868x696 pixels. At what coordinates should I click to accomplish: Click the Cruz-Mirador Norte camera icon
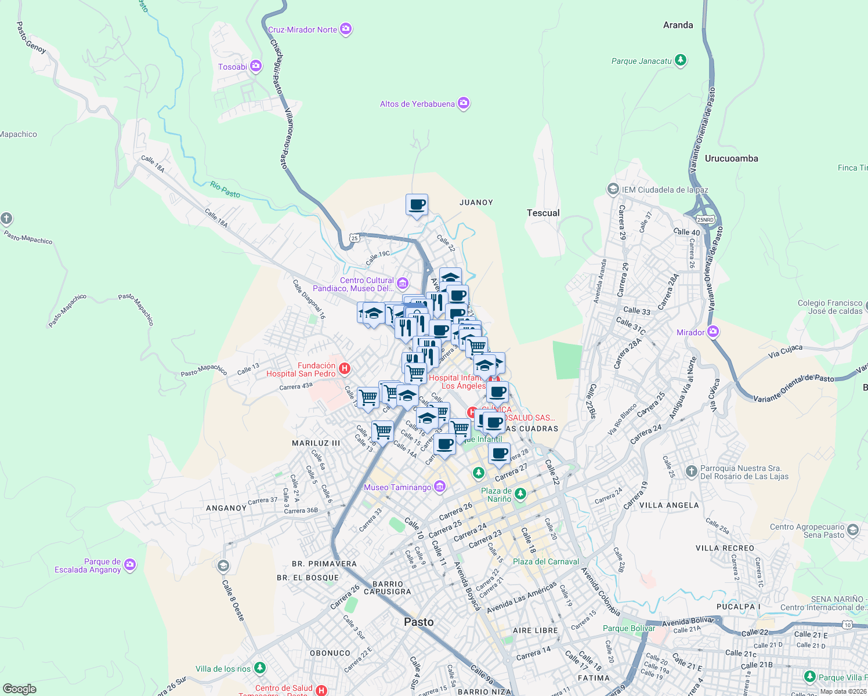click(x=346, y=29)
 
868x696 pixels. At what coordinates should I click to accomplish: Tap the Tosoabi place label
click(x=232, y=67)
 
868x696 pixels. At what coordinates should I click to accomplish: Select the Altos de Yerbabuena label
click(x=417, y=104)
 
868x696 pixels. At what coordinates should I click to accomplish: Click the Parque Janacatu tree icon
click(x=681, y=60)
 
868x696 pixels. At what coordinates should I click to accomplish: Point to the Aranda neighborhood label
click(x=678, y=26)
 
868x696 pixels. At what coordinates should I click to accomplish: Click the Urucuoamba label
click(x=731, y=158)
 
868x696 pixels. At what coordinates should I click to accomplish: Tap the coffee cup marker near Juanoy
click(x=417, y=205)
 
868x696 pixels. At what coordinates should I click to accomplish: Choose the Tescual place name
click(x=543, y=213)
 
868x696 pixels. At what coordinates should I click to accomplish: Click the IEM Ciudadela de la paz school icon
click(x=613, y=189)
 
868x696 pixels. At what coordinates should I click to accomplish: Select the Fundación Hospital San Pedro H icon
click(x=345, y=368)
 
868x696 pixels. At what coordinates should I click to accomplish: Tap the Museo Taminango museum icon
click(x=440, y=487)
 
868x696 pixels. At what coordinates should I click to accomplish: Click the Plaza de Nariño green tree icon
click(x=520, y=494)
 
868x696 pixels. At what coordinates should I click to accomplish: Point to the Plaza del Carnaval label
click(x=545, y=561)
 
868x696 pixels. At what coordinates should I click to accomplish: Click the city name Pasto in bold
click(x=418, y=622)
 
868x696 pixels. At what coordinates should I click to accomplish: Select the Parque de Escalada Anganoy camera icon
click(x=130, y=564)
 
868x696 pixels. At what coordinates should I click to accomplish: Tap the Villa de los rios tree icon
click(x=260, y=668)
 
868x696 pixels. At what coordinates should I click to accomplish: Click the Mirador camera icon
click(x=713, y=332)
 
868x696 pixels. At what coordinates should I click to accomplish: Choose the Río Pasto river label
click(x=225, y=190)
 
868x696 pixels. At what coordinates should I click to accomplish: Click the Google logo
click(x=20, y=688)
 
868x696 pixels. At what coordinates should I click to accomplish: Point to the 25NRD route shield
click(x=705, y=220)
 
